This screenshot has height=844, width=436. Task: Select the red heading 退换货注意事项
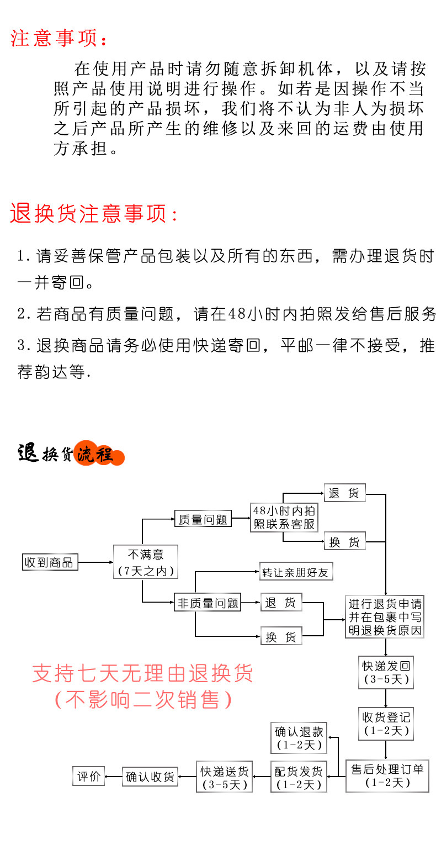(x=94, y=214)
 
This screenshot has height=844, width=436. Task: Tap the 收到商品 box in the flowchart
(x=49, y=563)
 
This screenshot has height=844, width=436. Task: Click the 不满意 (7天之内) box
(x=146, y=562)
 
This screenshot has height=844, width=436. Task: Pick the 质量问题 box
(x=203, y=519)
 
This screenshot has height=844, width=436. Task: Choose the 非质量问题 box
(x=208, y=603)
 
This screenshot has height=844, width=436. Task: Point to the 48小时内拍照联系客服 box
(x=284, y=518)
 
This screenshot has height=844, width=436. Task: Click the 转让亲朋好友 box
(x=296, y=572)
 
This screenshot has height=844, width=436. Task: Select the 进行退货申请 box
(x=385, y=617)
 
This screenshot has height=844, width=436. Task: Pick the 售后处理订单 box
(x=387, y=776)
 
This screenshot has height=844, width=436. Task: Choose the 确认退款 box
(x=299, y=738)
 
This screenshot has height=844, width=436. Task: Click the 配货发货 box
(x=298, y=777)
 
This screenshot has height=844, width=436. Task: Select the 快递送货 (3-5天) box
(x=224, y=777)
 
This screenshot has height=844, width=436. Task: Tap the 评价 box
(x=88, y=776)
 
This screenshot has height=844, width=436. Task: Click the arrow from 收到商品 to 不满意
(x=95, y=563)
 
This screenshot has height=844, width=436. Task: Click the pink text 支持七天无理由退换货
(x=142, y=673)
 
